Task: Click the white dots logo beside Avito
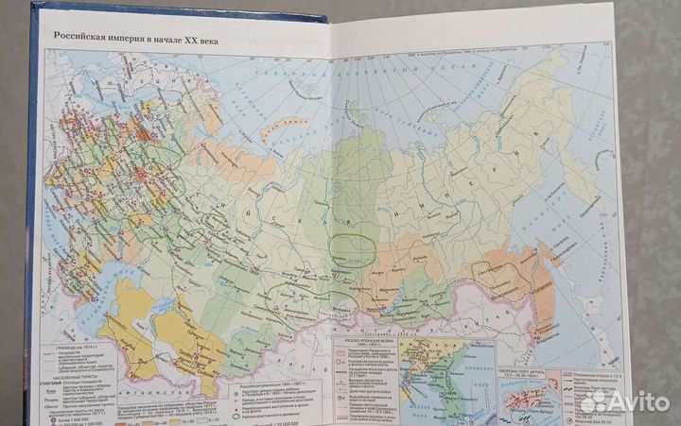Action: (593, 401)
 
